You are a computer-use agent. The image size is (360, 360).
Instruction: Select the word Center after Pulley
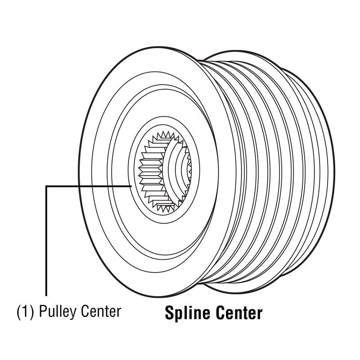pos(100,311)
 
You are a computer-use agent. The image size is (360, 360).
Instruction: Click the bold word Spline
pos(187,313)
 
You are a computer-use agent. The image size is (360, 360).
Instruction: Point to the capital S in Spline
pos(170,312)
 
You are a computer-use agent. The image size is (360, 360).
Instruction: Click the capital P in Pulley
pos(43,311)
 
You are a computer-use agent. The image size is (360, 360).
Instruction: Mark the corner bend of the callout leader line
pos(46,186)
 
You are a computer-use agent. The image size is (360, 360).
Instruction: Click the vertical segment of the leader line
pos(46,241)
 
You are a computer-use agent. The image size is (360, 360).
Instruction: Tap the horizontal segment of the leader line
pos(89,186)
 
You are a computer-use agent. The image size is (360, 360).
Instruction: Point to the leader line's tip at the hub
pos(131,186)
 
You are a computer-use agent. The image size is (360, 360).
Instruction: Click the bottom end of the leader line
pos(46,296)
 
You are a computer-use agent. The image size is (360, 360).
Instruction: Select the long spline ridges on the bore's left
pos(152,170)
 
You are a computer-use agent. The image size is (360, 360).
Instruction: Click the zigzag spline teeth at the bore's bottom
pos(166,206)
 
